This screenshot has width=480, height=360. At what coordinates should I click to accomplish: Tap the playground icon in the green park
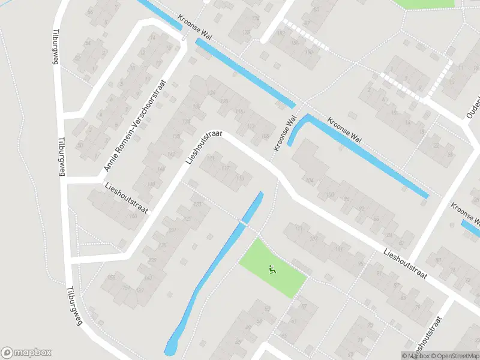272,270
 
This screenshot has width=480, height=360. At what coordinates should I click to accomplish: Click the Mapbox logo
26,353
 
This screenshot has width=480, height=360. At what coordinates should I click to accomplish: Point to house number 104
310,179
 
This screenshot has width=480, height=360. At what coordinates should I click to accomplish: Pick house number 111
298,227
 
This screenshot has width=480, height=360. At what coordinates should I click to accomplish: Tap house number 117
226,169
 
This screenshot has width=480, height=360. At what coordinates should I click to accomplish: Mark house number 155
110,277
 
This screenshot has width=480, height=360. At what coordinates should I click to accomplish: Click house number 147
140,290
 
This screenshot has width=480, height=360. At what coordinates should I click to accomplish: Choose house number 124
211,92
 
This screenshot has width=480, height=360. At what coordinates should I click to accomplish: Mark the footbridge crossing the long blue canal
244,222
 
